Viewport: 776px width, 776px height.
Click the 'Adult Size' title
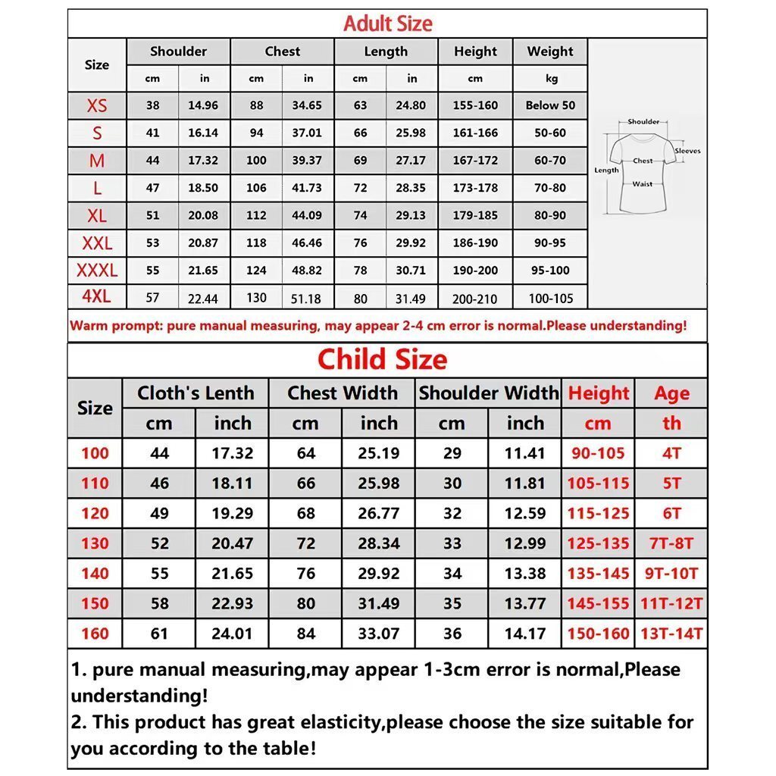coord(387,23)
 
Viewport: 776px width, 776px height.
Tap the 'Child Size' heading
coord(382,359)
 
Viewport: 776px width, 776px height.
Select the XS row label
coord(97,105)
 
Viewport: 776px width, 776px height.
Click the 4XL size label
coord(96,296)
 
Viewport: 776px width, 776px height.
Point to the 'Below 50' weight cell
coord(550,105)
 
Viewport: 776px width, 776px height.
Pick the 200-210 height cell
coord(475,299)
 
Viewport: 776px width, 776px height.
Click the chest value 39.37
coord(307,161)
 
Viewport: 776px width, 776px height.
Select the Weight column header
coord(550,52)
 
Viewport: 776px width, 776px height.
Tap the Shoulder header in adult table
coord(178,52)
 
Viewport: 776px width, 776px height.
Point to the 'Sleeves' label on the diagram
coord(687,151)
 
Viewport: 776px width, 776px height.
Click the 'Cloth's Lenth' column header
coord(196,393)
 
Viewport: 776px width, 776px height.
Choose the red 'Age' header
coord(671,393)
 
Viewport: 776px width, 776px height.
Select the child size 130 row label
coord(95,543)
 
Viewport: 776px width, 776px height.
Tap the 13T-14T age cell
coord(671,634)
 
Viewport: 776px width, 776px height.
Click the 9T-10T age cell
coord(671,574)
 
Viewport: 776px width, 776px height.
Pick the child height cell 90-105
coord(598,453)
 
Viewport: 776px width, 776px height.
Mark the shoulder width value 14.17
coord(525,634)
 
